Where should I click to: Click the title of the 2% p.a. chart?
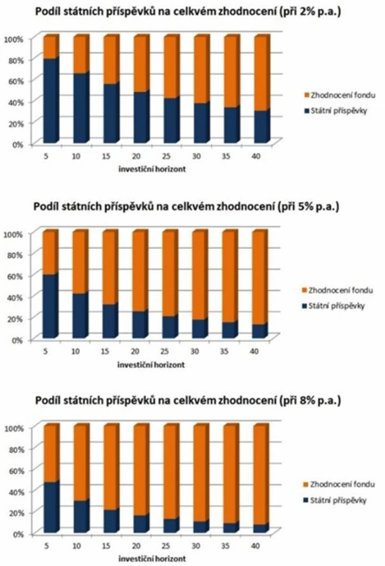[x=192, y=13]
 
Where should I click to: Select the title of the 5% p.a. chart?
[x=192, y=207]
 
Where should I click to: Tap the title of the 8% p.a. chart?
[x=192, y=400]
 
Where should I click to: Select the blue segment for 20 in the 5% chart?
[x=140, y=325]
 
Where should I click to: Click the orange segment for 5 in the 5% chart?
[x=50, y=252]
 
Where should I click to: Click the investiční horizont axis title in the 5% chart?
[x=151, y=364]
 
